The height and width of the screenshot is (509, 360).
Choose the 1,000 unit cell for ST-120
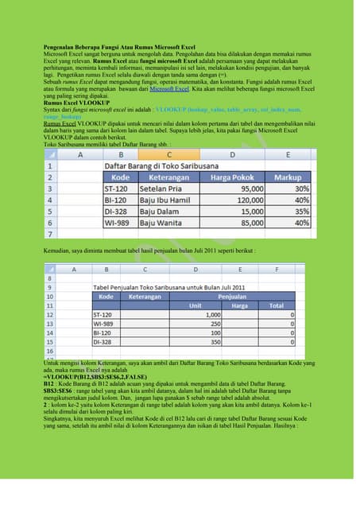click(208, 315)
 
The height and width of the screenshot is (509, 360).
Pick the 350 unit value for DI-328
click(211, 341)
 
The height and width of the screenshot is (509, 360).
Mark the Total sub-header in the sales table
click(277, 305)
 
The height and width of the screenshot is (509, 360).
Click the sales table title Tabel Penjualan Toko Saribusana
click(171, 286)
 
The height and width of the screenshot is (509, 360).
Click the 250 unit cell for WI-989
click(211, 324)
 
